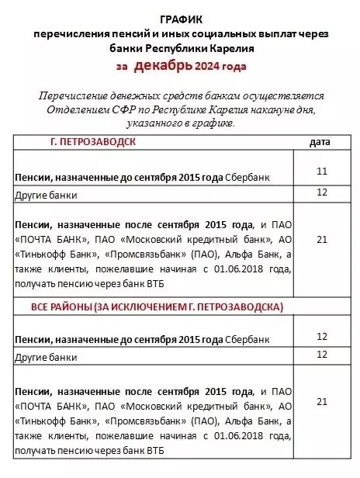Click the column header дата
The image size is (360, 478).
(x=320, y=142)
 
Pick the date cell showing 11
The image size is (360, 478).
(x=322, y=168)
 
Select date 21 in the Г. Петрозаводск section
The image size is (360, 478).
(x=322, y=240)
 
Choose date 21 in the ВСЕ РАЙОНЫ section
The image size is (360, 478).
(x=322, y=401)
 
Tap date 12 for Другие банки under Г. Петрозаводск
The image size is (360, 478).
(x=322, y=191)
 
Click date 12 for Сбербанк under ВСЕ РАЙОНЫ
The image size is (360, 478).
(x=322, y=336)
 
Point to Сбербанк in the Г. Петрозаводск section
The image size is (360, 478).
(x=247, y=178)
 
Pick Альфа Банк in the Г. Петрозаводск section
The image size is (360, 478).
(x=241, y=255)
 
